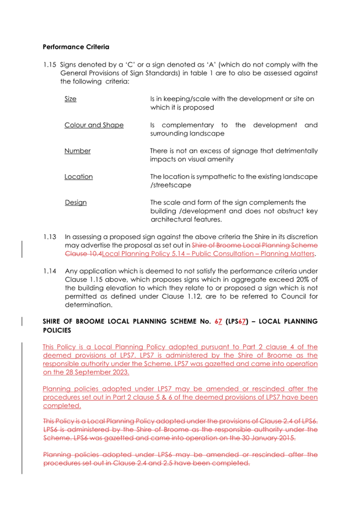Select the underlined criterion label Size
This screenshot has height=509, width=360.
70,99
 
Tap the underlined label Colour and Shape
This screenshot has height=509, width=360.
94,125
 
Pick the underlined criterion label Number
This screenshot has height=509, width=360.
77,151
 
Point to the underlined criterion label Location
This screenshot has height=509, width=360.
78,177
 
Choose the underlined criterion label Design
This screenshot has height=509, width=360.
76,202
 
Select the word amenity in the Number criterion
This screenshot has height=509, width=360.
228,159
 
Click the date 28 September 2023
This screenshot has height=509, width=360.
93,372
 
